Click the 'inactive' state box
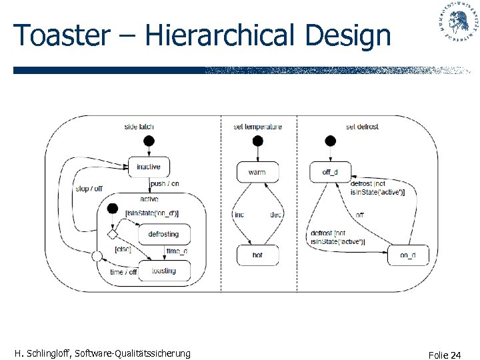coord(148,167)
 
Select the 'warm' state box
coord(257,172)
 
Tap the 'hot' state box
coord(257,255)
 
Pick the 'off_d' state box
coord(330,172)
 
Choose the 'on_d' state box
coord(408,255)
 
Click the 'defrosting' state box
coord(164,234)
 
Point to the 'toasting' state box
coord(164,271)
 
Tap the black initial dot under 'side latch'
coord(149,141)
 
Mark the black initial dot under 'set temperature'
coord(257,141)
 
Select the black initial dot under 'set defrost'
coord(329,141)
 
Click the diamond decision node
coord(113,235)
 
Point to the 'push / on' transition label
coord(165,183)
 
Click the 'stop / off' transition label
coord(89,189)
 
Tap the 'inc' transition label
coord(239,215)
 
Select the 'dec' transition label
coord(276,215)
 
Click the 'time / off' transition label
coord(123,272)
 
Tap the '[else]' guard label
coord(123,249)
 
